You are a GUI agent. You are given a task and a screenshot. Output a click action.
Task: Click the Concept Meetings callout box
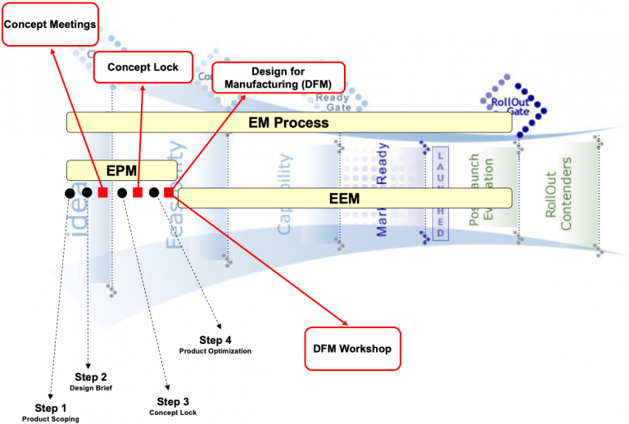click(x=50, y=24)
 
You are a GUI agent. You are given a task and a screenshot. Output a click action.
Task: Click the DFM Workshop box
click(x=352, y=349)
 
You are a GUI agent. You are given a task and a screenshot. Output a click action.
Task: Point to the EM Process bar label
click(x=288, y=123)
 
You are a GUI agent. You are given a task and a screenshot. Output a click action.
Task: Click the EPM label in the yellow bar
click(x=121, y=170)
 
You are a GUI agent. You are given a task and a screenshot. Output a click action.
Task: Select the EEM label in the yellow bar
click(x=344, y=198)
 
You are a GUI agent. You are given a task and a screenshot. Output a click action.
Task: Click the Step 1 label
click(x=52, y=408)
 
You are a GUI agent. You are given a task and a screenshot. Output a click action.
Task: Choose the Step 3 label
click(x=174, y=401)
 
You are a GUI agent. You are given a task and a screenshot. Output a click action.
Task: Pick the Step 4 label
click(x=215, y=340)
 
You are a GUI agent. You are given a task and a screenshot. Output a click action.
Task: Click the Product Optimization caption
click(x=215, y=351)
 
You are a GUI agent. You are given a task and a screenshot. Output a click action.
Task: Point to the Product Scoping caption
click(x=52, y=418)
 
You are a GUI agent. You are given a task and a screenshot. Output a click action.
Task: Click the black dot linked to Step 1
click(x=70, y=193)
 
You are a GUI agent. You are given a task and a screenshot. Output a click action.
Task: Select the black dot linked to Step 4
click(x=153, y=193)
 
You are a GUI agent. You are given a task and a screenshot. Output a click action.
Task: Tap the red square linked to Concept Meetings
click(x=102, y=193)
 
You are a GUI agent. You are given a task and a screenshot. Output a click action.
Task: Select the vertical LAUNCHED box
click(x=441, y=195)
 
